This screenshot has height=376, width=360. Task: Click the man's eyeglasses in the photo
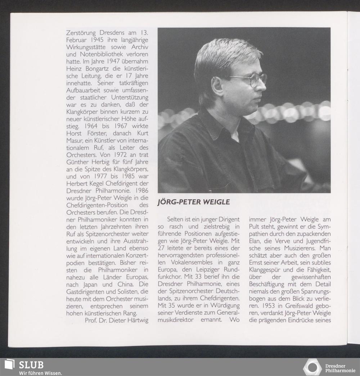point(252,79)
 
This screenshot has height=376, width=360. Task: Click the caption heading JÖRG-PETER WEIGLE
point(194,202)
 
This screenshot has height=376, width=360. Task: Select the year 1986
point(140,190)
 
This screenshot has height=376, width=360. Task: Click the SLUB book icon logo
point(9,365)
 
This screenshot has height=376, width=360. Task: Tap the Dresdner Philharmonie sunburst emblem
point(312,367)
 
